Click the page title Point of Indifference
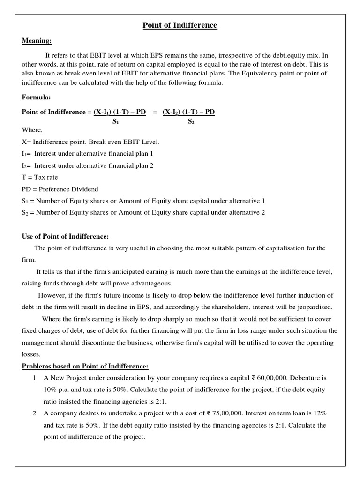180,25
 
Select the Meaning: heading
37,41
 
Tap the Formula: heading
36,97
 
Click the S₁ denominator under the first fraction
115,121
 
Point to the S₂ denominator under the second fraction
191,121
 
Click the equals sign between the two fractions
155,112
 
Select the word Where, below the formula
32,130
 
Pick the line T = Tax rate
40,177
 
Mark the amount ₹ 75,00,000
228,413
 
